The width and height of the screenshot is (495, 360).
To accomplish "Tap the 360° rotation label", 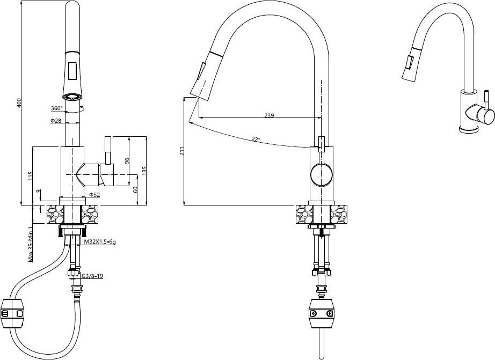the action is point(57,108).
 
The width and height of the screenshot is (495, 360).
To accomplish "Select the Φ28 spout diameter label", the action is point(55,121).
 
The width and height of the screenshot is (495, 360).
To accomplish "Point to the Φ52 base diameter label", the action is point(94,195).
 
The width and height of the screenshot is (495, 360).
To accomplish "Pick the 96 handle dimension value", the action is point(127,161).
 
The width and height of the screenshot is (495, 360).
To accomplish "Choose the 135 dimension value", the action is point(144,171).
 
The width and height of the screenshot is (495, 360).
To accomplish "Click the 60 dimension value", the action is point(135,189).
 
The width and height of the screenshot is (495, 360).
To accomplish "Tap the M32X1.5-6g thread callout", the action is point(100,242).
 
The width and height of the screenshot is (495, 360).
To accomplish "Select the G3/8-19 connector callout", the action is point(92,276).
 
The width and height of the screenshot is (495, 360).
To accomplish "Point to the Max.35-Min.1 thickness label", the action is point(31,244).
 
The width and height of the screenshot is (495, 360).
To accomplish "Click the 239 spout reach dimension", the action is point(268,115).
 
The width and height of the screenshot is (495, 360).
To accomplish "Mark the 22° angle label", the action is point(256,139).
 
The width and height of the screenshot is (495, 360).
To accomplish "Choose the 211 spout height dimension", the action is point(181,151).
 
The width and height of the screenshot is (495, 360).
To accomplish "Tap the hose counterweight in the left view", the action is point(13,314).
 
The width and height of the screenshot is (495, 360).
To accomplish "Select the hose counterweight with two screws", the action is point(322,314).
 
